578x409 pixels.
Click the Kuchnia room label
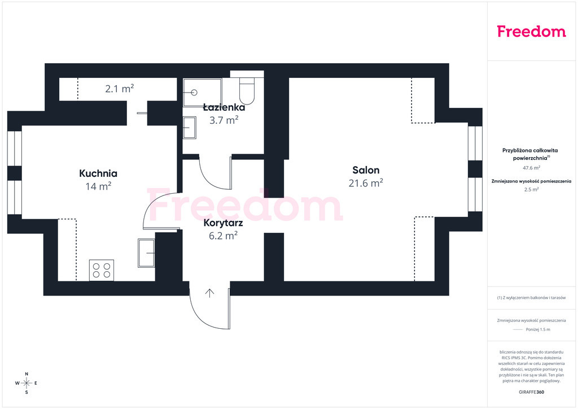click(x=98, y=173)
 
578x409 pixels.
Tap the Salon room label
click(x=366, y=170)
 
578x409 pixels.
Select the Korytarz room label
click(x=223, y=223)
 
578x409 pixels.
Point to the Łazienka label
click(x=224, y=107)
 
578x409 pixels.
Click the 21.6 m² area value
click(x=366, y=183)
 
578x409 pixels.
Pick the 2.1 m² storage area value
click(x=120, y=89)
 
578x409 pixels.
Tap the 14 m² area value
click(x=98, y=186)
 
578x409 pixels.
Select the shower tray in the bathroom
click(x=203, y=93)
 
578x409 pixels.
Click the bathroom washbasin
click(x=190, y=128)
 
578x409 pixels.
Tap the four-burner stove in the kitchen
click(x=102, y=270)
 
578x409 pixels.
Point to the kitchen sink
click(x=146, y=253)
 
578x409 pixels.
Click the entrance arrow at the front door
click(x=210, y=293)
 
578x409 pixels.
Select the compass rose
click(x=27, y=383)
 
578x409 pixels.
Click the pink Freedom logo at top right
click(x=531, y=32)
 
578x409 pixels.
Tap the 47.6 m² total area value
click(x=532, y=168)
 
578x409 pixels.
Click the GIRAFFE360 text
click(x=532, y=392)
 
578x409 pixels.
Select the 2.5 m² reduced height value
click(x=532, y=190)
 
